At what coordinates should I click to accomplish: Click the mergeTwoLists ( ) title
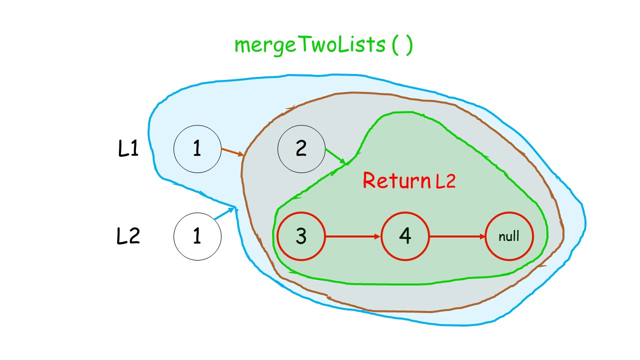323,45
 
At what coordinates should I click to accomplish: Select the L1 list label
128,148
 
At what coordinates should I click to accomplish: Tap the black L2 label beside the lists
128,236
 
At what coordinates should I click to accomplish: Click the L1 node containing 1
197,149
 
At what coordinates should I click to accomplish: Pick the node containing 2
301,149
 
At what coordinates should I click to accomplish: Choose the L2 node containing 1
197,236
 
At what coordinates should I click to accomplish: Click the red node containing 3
301,236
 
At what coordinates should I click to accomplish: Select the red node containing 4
405,236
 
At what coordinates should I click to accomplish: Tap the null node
509,236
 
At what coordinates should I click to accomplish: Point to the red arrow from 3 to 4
353,236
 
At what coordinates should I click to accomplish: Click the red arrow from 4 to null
457,236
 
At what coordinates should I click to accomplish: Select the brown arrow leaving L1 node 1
232,152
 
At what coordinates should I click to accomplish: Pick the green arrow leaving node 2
335,156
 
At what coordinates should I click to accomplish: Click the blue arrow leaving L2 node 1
224,213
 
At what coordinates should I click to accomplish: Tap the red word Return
396,180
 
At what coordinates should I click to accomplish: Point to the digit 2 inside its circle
301,148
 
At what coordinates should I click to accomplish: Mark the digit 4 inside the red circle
405,236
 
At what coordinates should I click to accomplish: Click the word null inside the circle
509,236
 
